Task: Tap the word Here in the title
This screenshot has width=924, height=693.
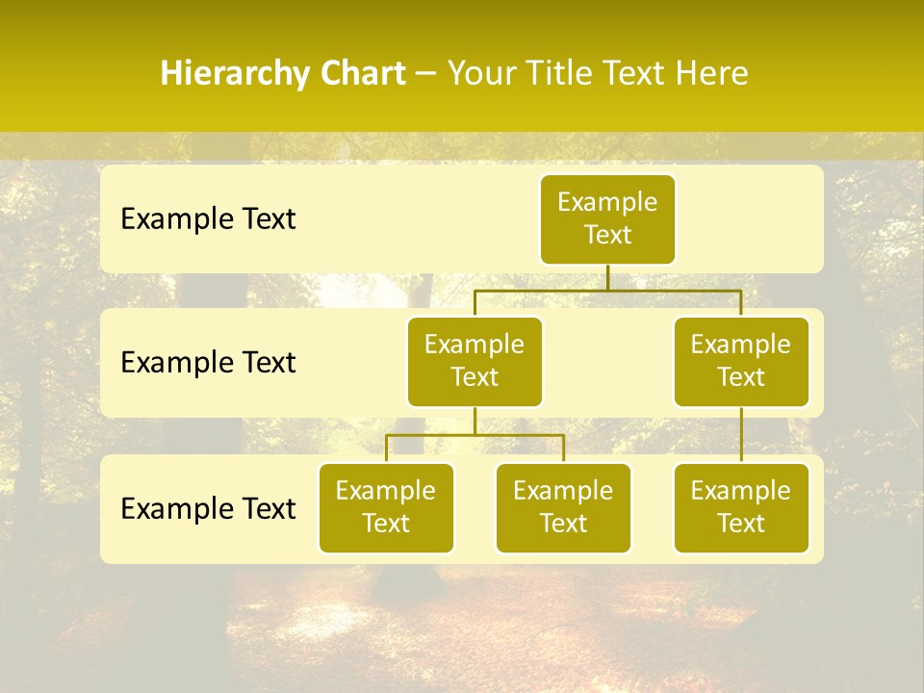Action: pos(713,74)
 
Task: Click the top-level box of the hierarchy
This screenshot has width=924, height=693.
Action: pos(607,218)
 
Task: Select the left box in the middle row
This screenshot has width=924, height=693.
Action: pos(475,361)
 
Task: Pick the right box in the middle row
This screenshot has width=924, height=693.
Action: pos(741,361)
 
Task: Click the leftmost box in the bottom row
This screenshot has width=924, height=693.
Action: pos(386,507)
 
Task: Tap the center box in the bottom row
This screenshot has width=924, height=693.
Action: pos(563,507)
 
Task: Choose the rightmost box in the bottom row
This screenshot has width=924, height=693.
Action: pos(741,507)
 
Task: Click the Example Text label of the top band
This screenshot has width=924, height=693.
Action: pos(208,219)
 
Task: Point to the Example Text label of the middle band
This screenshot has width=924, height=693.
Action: pos(208,363)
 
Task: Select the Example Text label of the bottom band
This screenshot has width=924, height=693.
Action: pos(208,509)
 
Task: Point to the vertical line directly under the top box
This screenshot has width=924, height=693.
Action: pos(607,277)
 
